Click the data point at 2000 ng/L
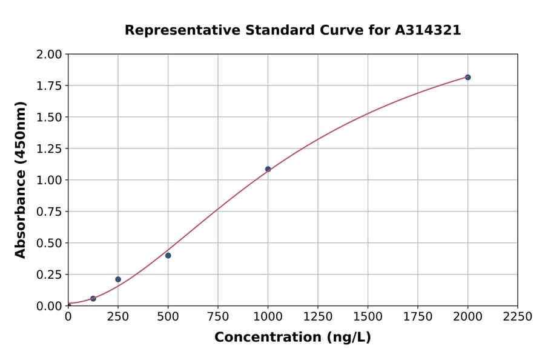(x=467, y=77)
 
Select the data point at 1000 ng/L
(x=268, y=169)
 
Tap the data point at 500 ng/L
(x=168, y=255)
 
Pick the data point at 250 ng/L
(x=118, y=279)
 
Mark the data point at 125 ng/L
(x=93, y=298)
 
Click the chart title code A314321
(x=428, y=30)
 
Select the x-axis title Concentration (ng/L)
(x=292, y=338)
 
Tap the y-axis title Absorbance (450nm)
(x=21, y=180)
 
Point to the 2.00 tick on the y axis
(x=49, y=55)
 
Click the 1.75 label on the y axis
(x=49, y=86)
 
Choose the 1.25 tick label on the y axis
(x=49, y=148)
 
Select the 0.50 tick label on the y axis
(x=49, y=243)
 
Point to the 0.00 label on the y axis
(x=49, y=306)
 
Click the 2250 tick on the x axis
(x=518, y=317)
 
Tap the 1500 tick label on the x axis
(x=368, y=317)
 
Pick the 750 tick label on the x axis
(x=218, y=317)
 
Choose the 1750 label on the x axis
(x=418, y=317)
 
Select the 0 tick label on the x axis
(x=68, y=317)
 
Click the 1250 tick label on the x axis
(x=318, y=317)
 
